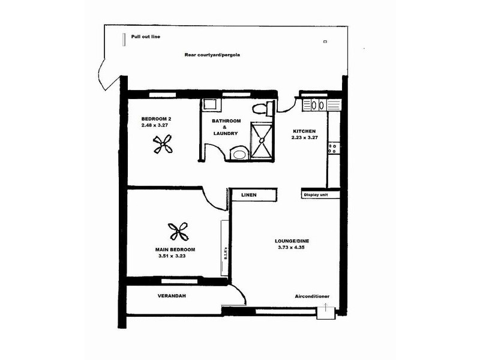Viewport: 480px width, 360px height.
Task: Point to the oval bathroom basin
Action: tap(239, 154)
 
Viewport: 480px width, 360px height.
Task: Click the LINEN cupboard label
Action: tap(249, 195)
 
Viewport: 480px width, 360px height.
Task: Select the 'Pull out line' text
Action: tap(146, 37)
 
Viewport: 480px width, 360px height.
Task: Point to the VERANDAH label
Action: tap(170, 296)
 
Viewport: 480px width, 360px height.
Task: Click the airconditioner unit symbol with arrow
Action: tap(326, 312)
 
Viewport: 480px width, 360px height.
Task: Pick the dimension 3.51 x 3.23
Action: tap(170, 256)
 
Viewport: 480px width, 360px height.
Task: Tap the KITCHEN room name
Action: tap(304, 131)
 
